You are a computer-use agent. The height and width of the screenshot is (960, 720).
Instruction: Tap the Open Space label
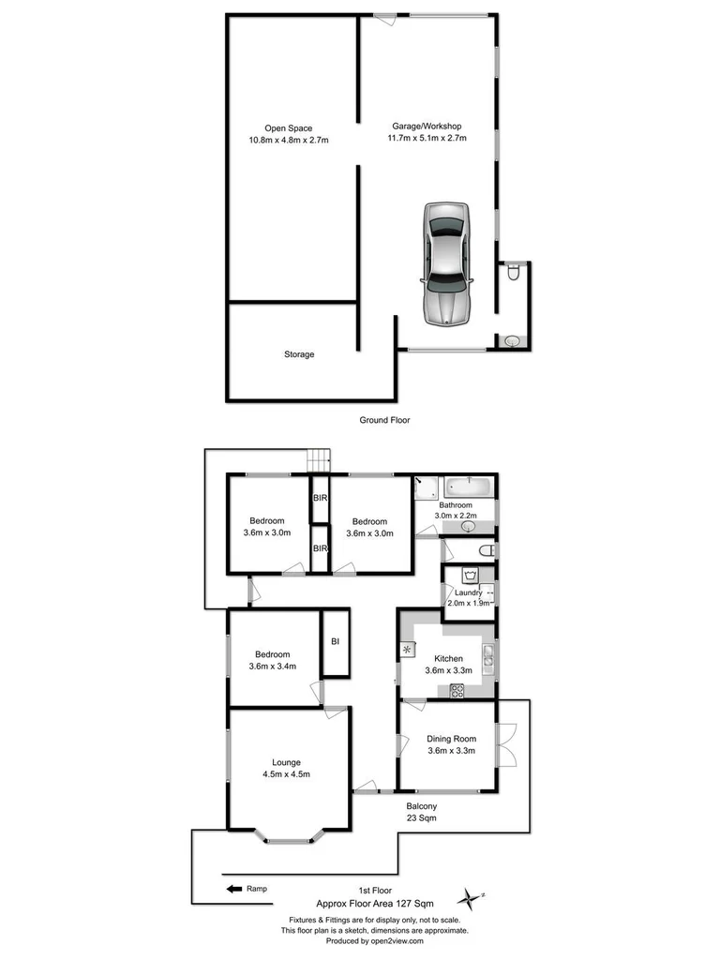pos(288,128)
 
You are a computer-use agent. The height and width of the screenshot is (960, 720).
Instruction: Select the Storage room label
pos(299,354)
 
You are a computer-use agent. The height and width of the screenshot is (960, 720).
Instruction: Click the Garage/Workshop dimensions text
pos(427,138)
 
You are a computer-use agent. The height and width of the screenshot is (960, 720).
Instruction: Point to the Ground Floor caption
pos(384,420)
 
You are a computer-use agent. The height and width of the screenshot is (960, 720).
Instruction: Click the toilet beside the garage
pos(512,274)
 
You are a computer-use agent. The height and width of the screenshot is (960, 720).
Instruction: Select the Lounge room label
pos(286,762)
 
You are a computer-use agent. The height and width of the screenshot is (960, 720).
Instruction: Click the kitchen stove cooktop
pos(458,691)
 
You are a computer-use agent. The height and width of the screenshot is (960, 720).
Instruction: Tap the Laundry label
pos(468,592)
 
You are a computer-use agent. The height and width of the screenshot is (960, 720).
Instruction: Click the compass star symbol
pos(468,897)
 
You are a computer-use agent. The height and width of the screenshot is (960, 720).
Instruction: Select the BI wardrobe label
pos(335,641)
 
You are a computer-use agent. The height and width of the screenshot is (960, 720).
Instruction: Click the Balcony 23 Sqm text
pos(421,812)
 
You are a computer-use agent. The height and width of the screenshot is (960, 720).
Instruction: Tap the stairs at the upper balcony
pos(321,461)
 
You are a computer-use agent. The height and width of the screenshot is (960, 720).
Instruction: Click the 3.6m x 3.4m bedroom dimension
pos(272,667)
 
